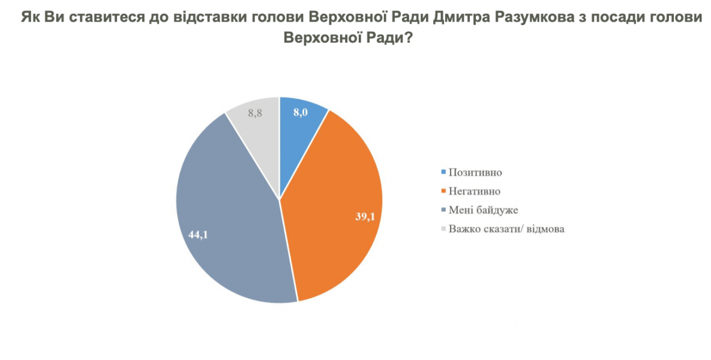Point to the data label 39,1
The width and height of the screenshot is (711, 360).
coord(365,217)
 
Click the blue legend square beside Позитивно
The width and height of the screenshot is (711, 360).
coord(444,172)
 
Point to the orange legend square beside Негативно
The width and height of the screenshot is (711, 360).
coord(444,191)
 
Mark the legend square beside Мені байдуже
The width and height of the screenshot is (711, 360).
coord(444,209)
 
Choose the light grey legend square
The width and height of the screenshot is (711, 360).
coord(444,228)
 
